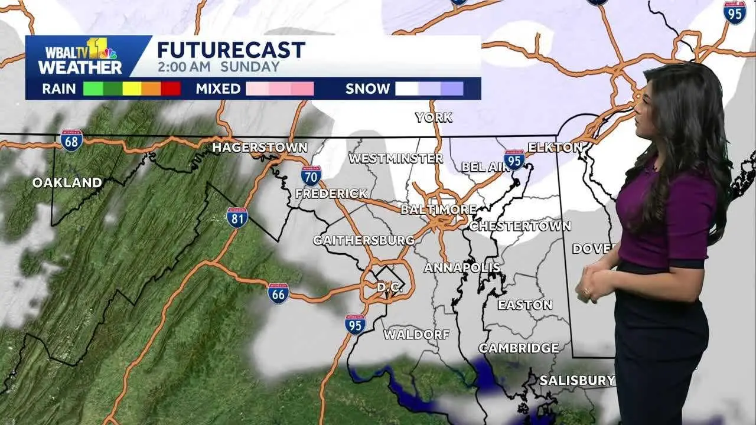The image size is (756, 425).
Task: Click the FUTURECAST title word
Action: [x=231, y=50]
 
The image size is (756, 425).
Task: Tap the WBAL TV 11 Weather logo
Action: [x=80, y=57]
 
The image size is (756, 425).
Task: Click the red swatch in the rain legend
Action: [x=171, y=89]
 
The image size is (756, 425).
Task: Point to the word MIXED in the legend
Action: [x=218, y=89]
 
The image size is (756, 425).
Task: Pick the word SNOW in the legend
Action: [x=367, y=89]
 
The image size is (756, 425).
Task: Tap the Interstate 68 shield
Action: [x=71, y=140]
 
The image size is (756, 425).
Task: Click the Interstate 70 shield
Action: [x=311, y=175]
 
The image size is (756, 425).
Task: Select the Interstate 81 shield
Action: [x=237, y=217]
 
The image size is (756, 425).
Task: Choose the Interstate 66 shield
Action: [x=278, y=293]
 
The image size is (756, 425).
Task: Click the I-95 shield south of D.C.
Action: [x=355, y=324]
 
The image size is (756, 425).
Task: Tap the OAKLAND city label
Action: [x=67, y=183]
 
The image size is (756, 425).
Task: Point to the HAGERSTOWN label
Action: [x=260, y=148]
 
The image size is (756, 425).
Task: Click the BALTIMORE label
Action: [x=438, y=210]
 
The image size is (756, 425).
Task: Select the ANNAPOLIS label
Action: [x=462, y=268]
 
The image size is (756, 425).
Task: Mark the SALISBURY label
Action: [x=576, y=381]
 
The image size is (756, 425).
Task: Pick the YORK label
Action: [x=434, y=117]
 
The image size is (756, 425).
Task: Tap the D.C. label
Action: [x=390, y=287]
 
